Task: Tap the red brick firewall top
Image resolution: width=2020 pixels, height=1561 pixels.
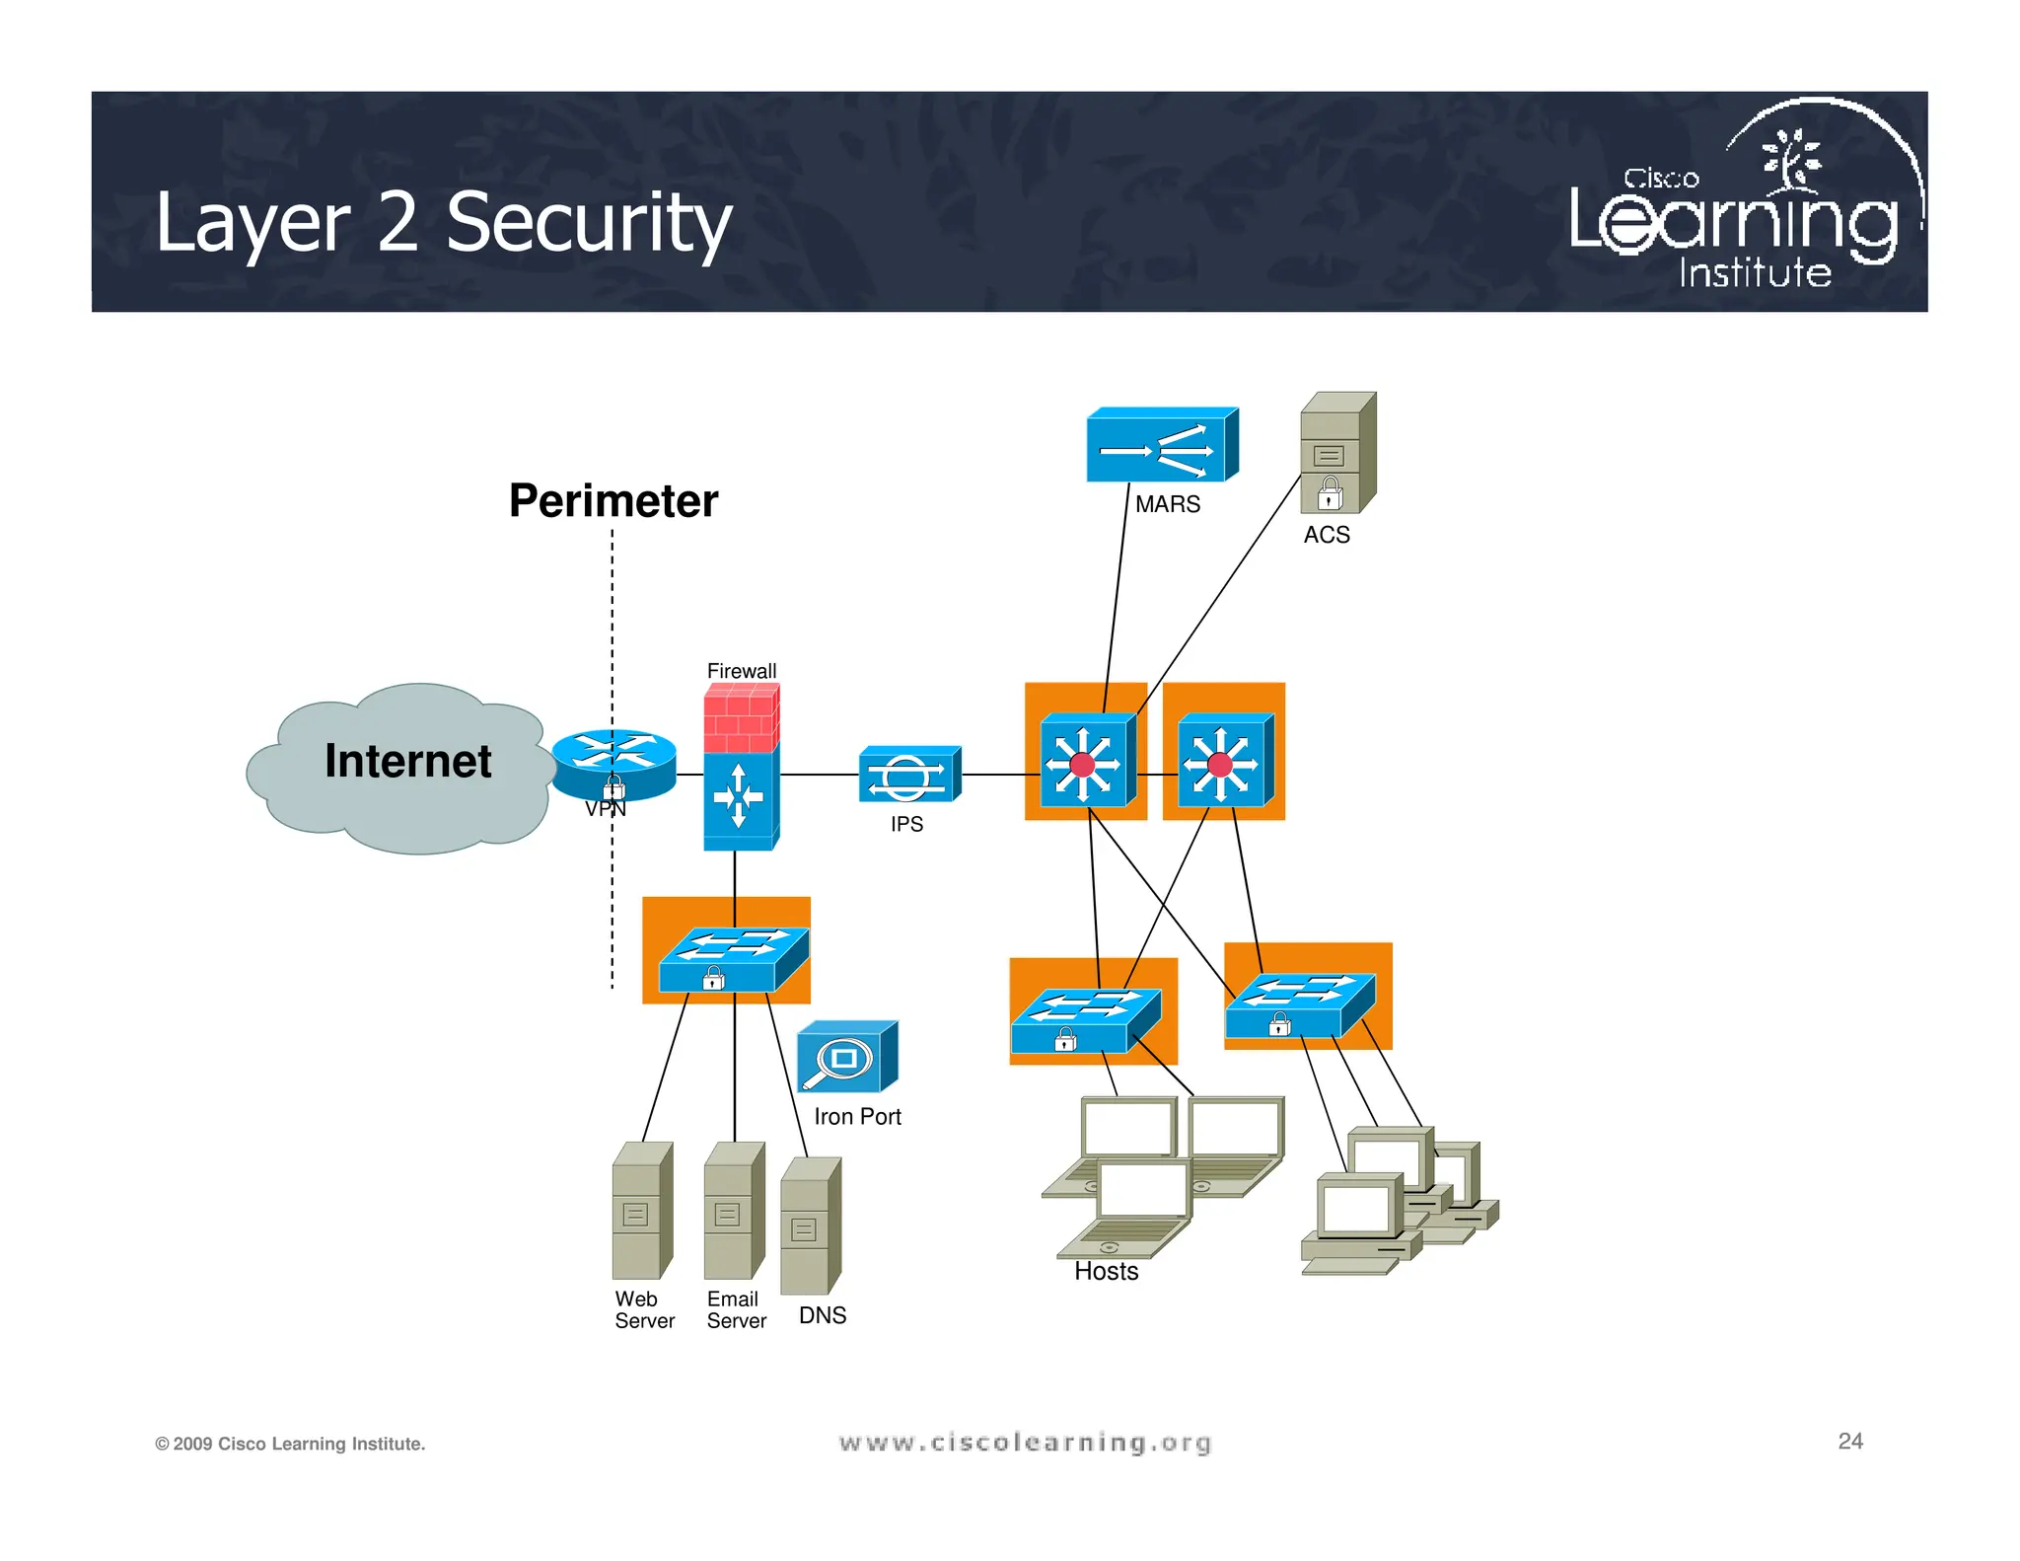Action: (x=741, y=718)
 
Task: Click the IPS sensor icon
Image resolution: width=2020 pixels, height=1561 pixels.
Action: (x=908, y=775)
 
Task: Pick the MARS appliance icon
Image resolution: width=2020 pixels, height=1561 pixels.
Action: (x=1161, y=445)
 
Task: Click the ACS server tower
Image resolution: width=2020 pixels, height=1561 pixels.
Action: (x=1336, y=453)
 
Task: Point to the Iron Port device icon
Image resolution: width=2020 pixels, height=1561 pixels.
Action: (x=846, y=1058)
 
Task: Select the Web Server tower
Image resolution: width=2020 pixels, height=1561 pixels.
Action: (x=641, y=1211)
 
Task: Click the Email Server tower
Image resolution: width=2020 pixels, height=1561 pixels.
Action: (x=733, y=1211)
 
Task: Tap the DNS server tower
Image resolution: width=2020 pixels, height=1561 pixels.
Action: (x=809, y=1226)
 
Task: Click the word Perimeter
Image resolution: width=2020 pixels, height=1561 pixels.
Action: (x=613, y=500)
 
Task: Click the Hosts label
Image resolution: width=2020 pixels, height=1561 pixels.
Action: (x=1106, y=1272)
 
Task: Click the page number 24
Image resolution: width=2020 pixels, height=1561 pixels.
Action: (x=1849, y=1441)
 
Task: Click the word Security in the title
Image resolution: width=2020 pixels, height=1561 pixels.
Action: (x=589, y=223)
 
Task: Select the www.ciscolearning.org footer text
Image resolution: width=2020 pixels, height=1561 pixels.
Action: (x=1025, y=1443)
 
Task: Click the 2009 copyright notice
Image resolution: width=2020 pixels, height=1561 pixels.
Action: (x=290, y=1444)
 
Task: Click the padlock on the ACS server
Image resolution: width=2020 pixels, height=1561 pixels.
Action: (x=1330, y=493)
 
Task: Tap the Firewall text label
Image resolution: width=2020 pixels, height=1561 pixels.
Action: (x=741, y=671)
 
